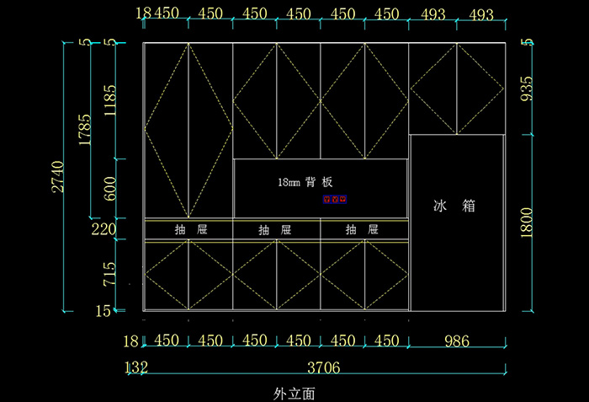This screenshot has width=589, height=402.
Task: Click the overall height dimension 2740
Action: [x=57, y=175]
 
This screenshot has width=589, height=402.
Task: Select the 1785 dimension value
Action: [x=84, y=130]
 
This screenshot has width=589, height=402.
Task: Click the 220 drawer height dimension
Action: [x=103, y=228]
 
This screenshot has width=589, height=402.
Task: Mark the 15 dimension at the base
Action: [x=103, y=311]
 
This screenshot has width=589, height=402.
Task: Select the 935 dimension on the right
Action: [x=527, y=88]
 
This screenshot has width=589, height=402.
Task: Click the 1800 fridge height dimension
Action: [x=527, y=224]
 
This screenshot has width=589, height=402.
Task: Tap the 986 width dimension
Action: [x=456, y=340]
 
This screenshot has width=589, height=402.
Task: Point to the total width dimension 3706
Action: [x=323, y=367]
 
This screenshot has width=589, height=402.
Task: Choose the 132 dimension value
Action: [x=135, y=367]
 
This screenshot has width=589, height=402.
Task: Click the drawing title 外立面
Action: [x=294, y=393]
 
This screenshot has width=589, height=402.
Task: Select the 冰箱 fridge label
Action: [x=454, y=206]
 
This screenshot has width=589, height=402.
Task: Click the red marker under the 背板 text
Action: [x=335, y=200]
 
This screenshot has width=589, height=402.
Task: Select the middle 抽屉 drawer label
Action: [x=275, y=229]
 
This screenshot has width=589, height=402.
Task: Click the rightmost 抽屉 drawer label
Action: [x=362, y=229]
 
